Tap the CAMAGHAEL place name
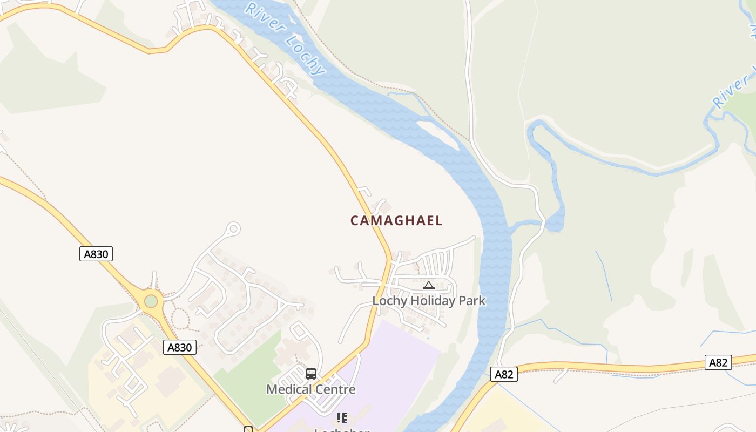click(396, 220)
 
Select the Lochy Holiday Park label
click(429, 301)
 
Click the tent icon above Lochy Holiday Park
click(429, 285)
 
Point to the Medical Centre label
click(311, 389)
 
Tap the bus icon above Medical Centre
click(311, 374)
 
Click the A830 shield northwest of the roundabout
click(96, 254)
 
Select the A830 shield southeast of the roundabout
click(180, 347)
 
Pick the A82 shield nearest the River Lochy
click(504, 374)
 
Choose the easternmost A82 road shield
click(718, 362)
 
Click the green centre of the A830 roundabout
click(151, 301)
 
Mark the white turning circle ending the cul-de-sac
click(233, 229)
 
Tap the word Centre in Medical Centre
click(336, 389)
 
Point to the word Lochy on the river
click(306, 55)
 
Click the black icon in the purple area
click(341, 418)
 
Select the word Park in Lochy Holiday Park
click(472, 301)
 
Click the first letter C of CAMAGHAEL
click(355, 220)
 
